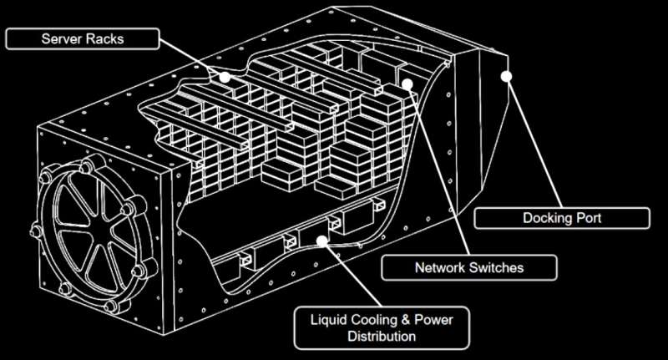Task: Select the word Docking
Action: pyautogui.click(x=536, y=220)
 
